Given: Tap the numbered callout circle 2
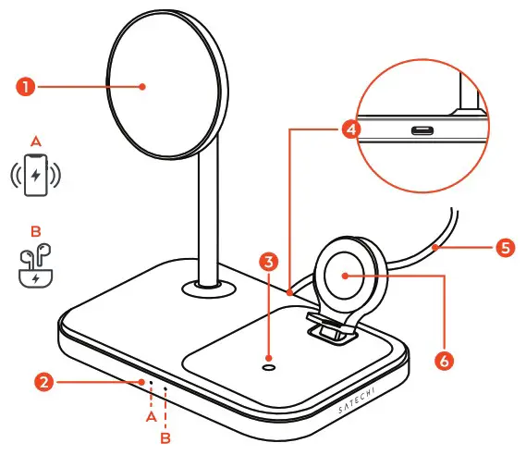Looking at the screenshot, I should pos(43,380).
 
